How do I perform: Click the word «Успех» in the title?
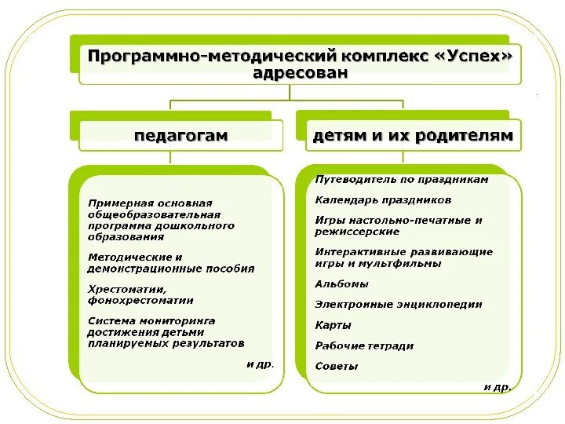tap(480, 57)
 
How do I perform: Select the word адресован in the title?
tap(301, 74)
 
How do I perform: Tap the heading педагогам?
tap(180, 135)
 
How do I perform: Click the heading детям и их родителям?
tap(413, 135)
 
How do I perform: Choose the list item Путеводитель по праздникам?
tap(402, 179)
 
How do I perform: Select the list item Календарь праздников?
tap(383, 200)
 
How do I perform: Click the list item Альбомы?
tap(341, 284)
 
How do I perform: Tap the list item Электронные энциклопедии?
tap(399, 305)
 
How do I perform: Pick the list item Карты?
tap(333, 325)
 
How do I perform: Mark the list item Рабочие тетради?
tap(364, 345)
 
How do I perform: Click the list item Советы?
tap(337, 367)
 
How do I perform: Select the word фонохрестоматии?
tap(141, 300)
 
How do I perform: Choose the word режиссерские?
tap(357, 232)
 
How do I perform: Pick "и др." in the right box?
tap(498, 386)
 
